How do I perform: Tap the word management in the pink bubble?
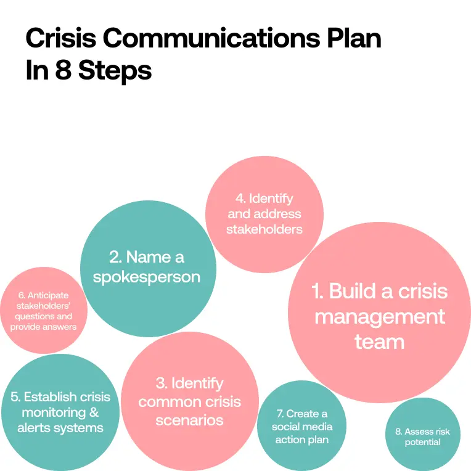click(x=379, y=316)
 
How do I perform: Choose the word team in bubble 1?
click(x=379, y=342)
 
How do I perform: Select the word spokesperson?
click(x=147, y=277)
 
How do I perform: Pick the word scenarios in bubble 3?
click(x=189, y=421)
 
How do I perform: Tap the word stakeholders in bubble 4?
click(x=264, y=229)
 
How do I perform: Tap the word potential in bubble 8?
click(x=422, y=442)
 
